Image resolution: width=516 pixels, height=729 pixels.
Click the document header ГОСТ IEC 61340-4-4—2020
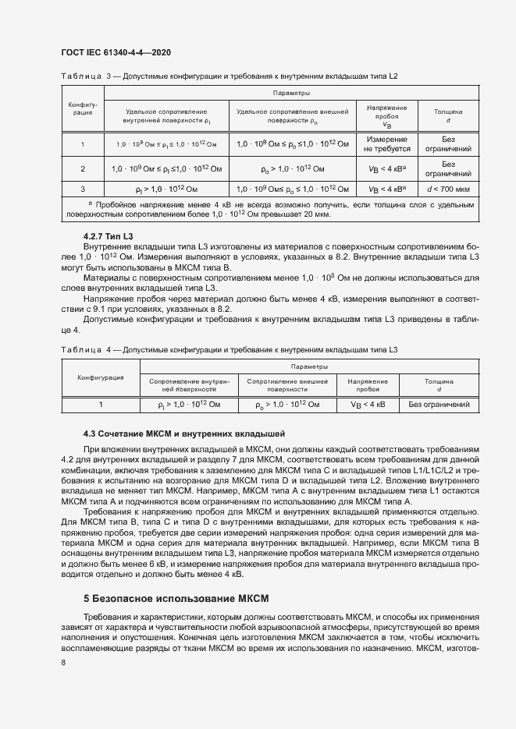[115, 52]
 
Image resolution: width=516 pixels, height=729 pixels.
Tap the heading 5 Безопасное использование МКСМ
[176, 599]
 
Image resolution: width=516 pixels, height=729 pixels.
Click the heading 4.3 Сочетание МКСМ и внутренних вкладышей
[183, 433]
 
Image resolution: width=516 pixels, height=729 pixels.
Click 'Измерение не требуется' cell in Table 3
[383, 143]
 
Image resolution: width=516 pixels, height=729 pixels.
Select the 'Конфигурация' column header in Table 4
[100, 377]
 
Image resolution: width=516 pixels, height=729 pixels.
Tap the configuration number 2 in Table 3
[82, 168]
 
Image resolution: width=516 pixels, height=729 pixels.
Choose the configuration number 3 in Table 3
[82, 189]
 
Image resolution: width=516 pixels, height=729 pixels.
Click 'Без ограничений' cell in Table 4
[438, 405]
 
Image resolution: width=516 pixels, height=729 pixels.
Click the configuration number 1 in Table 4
[100, 405]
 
